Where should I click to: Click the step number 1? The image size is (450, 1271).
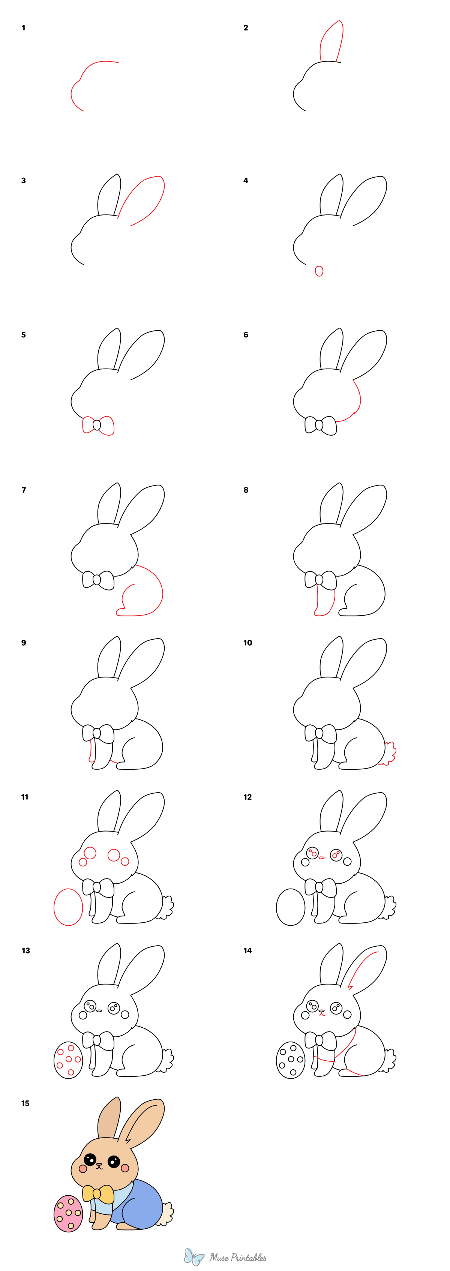(x=23, y=28)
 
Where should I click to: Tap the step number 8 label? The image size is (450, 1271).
(x=246, y=490)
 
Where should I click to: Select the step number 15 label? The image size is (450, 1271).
(x=25, y=1103)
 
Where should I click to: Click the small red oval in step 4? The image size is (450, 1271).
(x=319, y=271)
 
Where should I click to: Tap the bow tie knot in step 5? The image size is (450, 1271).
(x=97, y=425)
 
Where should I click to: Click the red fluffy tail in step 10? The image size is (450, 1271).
(x=390, y=754)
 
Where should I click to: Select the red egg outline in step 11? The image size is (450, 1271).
(x=68, y=907)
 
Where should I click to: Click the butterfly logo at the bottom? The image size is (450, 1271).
(x=194, y=1257)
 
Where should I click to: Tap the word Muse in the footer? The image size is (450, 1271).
(x=219, y=1257)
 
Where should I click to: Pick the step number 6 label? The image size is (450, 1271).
(x=246, y=335)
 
